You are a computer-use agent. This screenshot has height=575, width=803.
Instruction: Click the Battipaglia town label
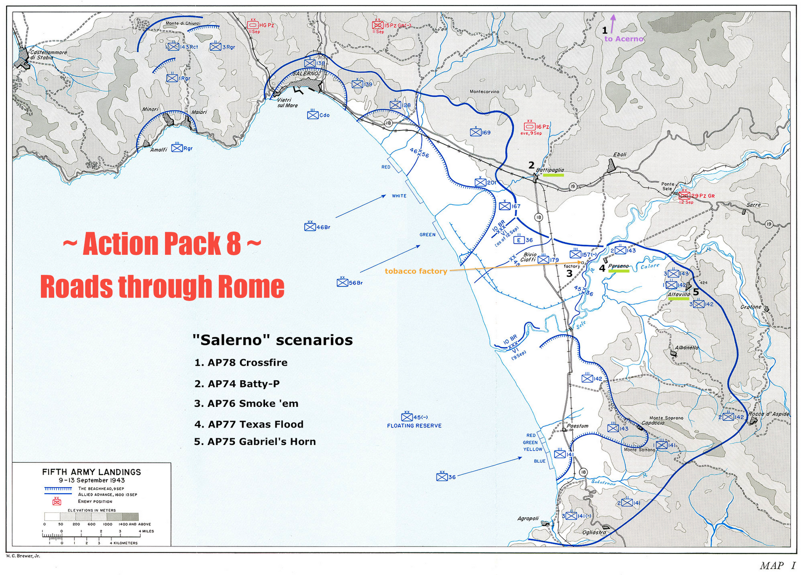pyautogui.click(x=550, y=170)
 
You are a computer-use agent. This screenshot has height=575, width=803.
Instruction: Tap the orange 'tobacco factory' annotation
pyautogui.click(x=416, y=271)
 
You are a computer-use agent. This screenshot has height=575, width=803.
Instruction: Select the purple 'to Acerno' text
pyautogui.click(x=624, y=39)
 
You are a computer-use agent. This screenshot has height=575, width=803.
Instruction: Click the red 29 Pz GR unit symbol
pyautogui.click(x=684, y=195)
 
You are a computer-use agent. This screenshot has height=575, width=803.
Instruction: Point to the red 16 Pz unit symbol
pyautogui.click(x=529, y=126)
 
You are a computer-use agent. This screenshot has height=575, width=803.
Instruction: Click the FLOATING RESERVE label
pyautogui.click(x=414, y=425)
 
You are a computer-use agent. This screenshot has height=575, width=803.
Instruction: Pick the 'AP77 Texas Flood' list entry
pyautogui.click(x=249, y=424)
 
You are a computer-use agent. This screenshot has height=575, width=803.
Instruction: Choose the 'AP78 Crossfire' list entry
pyautogui.click(x=241, y=362)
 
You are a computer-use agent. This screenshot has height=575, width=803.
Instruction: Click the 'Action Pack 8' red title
pyautogui.click(x=162, y=243)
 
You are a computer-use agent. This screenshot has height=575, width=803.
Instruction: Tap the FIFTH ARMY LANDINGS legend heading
pyautogui.click(x=91, y=472)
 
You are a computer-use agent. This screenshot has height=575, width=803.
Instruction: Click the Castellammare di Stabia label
pyautogui.click(x=48, y=55)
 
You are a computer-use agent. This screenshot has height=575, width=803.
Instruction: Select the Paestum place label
pyautogui.click(x=578, y=425)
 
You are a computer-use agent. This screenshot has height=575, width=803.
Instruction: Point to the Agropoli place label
pyautogui.click(x=528, y=518)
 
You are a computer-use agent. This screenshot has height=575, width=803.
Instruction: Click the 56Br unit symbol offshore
pyautogui.click(x=342, y=283)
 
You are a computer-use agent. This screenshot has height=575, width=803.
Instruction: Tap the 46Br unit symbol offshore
pyautogui.click(x=310, y=227)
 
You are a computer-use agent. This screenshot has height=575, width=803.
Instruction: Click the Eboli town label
pyautogui.click(x=620, y=155)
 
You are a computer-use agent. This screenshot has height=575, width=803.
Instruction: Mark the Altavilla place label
pyautogui.click(x=679, y=295)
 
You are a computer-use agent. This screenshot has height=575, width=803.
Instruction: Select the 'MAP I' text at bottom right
pyautogui.click(x=777, y=565)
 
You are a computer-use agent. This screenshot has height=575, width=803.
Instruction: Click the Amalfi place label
pyautogui.click(x=159, y=150)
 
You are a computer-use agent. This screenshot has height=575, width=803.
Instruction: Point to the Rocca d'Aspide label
pyautogui.click(x=768, y=414)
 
